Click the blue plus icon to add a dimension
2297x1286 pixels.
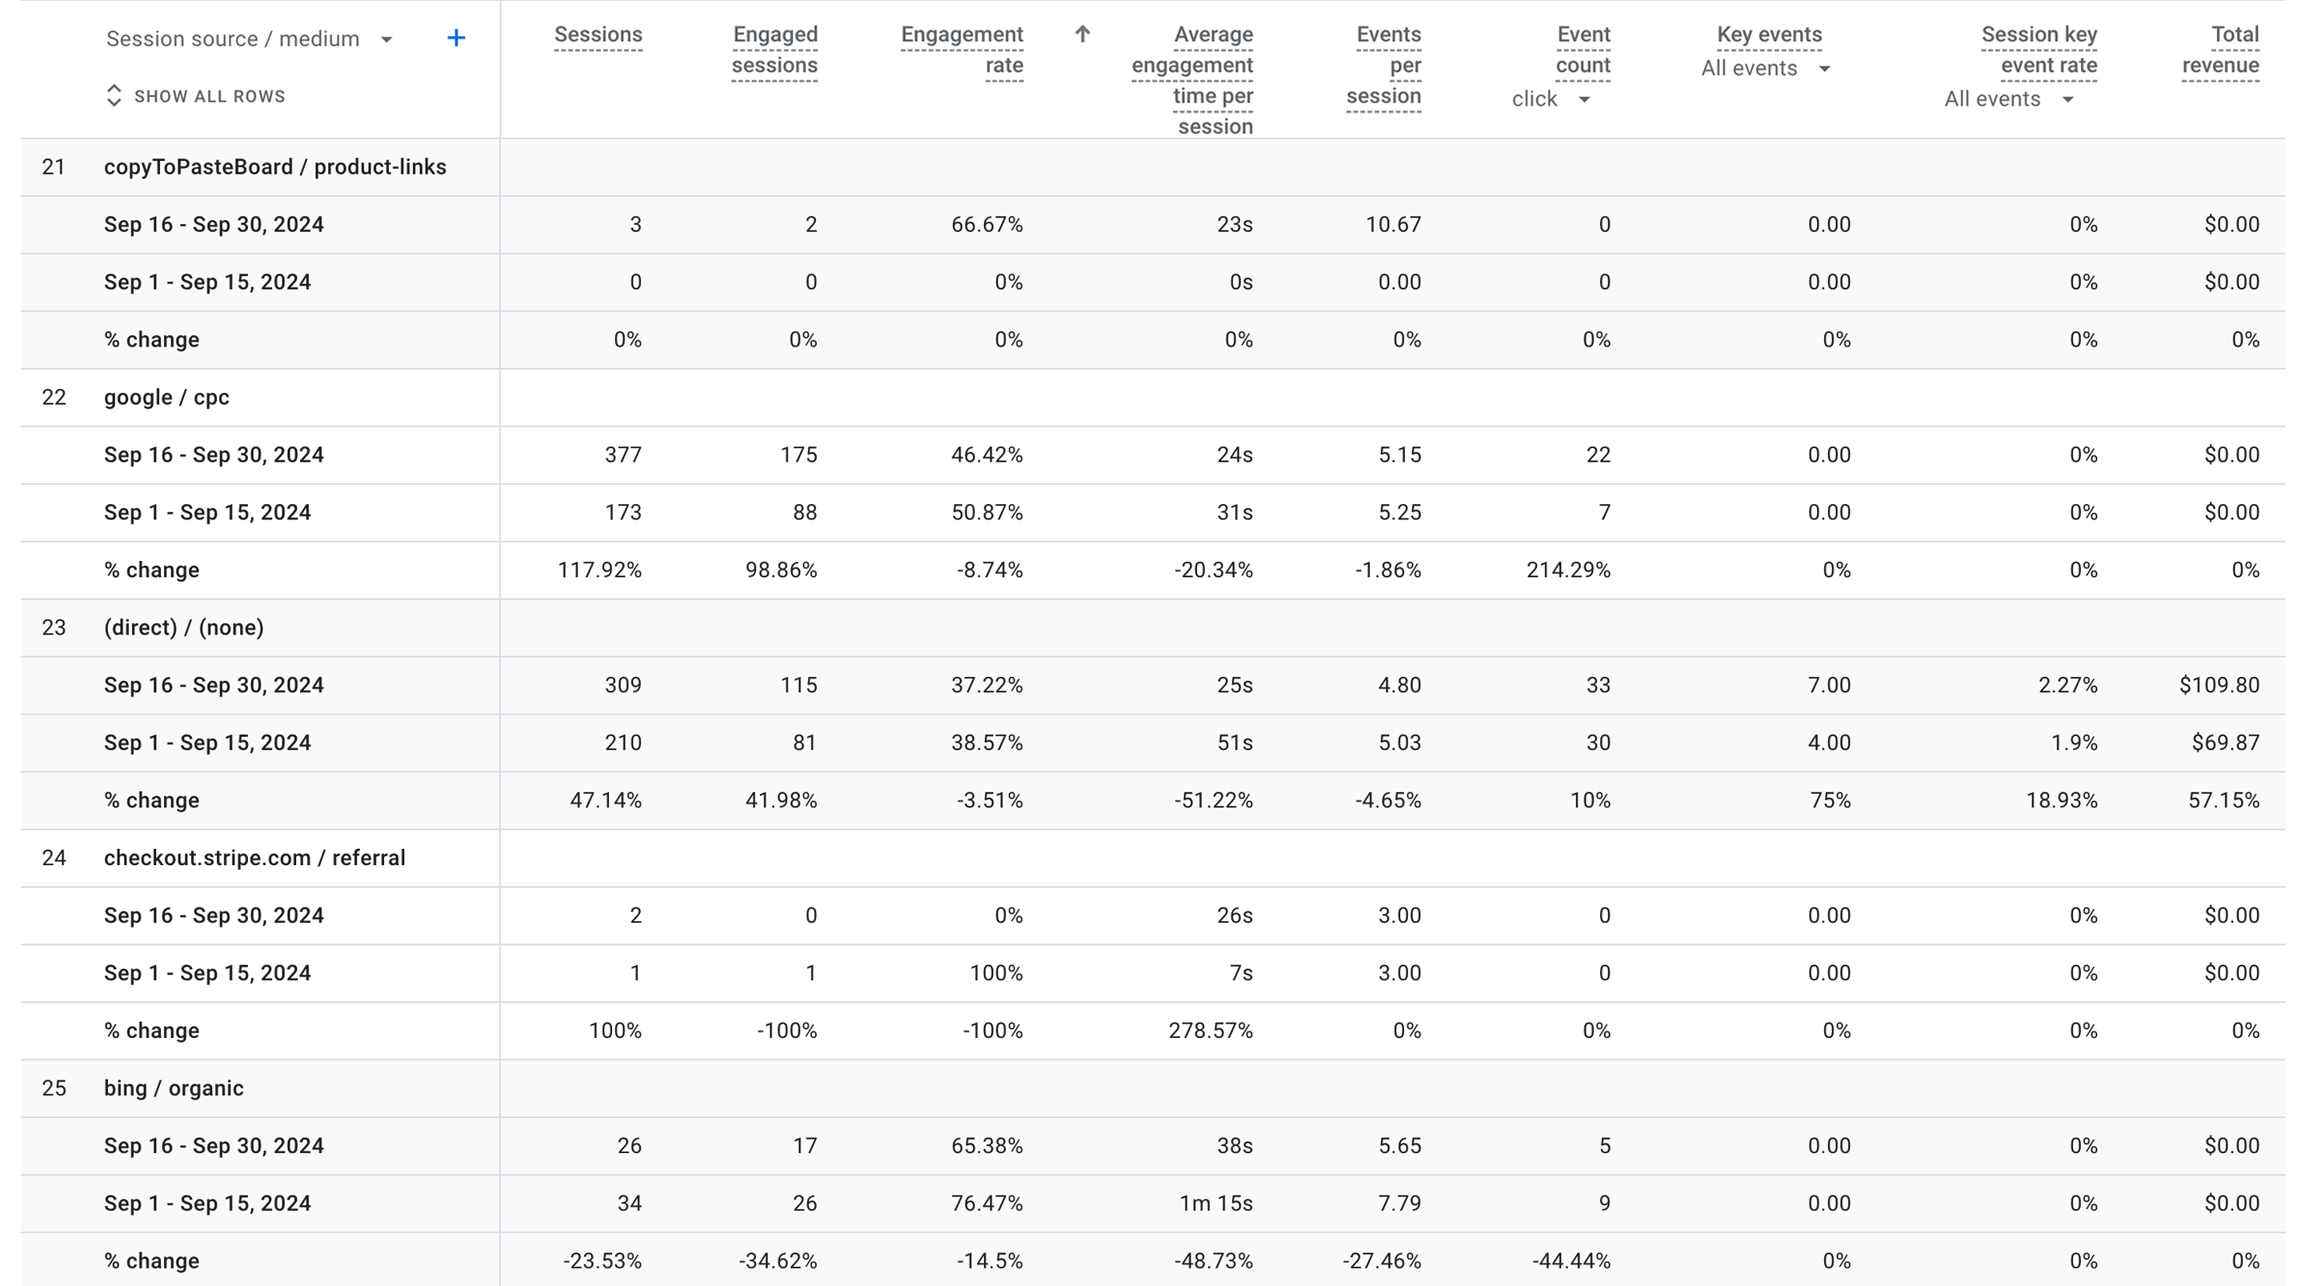coord(456,38)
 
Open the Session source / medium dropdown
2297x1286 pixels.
coord(386,39)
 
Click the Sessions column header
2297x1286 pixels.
coord(598,34)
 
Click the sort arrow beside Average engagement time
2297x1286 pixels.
coord(1082,34)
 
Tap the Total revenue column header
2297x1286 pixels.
coord(2220,49)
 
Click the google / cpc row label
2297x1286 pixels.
coord(166,398)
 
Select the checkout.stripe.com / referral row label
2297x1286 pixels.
coord(254,858)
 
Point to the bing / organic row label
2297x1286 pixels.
coord(174,1088)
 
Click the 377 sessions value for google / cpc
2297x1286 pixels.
coord(622,455)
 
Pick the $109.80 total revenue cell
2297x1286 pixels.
coord(2219,685)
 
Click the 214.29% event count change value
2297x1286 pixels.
coord(1567,570)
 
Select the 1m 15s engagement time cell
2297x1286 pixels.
coord(1215,1203)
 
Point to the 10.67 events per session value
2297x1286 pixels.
coord(1393,225)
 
